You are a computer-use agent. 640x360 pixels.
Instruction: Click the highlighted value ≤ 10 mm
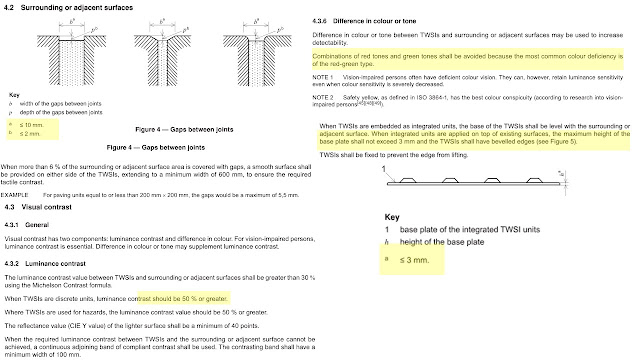click(31, 124)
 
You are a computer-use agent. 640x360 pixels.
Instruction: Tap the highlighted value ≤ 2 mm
click(29, 132)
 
